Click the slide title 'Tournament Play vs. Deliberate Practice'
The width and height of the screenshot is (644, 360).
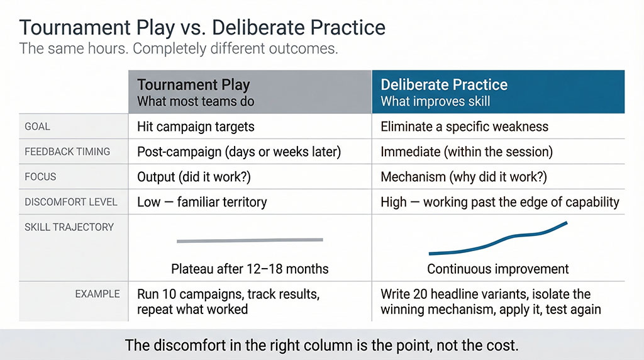click(x=202, y=28)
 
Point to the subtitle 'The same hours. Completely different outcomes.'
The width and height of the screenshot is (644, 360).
click(x=179, y=48)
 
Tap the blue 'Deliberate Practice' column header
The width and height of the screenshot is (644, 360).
click(x=499, y=92)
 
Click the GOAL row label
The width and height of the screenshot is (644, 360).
click(x=37, y=127)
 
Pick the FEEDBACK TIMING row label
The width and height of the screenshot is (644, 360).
click(x=67, y=152)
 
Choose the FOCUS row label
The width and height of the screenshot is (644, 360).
click(x=40, y=177)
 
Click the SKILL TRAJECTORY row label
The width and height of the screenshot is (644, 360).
click(x=69, y=227)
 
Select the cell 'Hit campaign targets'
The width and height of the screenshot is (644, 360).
click(x=196, y=127)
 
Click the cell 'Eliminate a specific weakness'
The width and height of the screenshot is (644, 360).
click(x=464, y=127)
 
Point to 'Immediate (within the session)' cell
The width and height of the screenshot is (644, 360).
click(x=465, y=152)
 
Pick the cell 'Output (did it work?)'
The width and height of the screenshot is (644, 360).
click(x=194, y=177)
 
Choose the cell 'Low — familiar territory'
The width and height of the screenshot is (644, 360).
click(x=202, y=202)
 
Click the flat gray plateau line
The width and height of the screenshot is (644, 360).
click(x=250, y=240)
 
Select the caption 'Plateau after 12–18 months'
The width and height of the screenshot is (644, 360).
click(x=250, y=269)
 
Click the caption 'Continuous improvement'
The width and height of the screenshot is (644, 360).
click(x=497, y=269)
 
